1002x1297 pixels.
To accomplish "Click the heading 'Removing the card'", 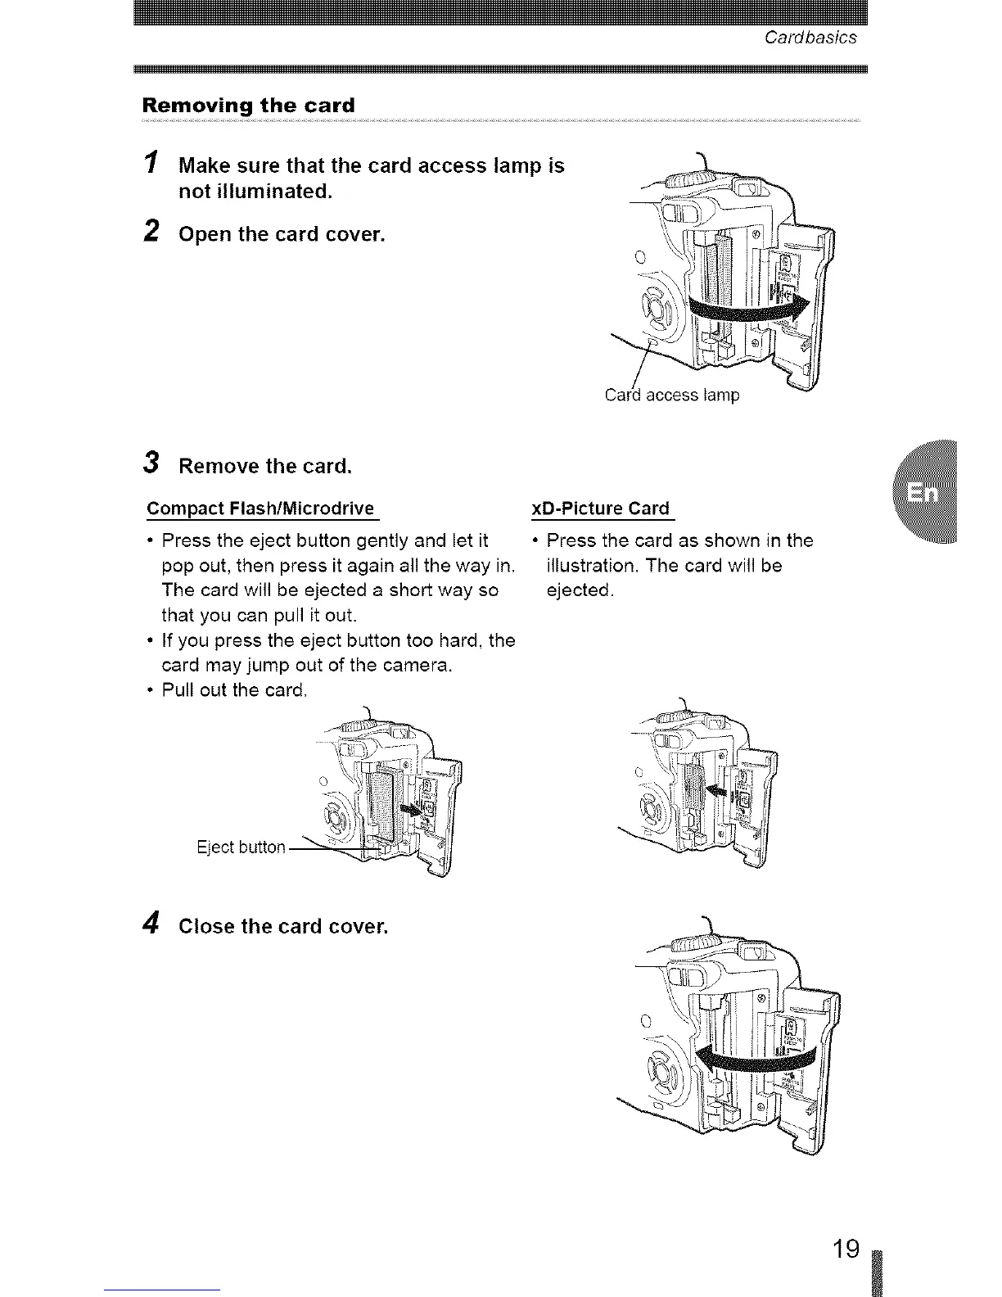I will tap(248, 106).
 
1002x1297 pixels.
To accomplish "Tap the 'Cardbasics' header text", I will tap(810, 38).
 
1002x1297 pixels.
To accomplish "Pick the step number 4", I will tap(150, 924).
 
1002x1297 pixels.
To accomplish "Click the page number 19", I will tap(846, 1250).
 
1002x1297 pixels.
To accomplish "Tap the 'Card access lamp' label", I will tap(671, 395).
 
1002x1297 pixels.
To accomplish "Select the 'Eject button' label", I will tap(241, 847).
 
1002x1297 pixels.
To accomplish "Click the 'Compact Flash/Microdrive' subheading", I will tap(260, 508).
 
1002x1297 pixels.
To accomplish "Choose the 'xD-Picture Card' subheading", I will tap(600, 508).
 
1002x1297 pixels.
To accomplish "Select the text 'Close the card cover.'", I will tap(282, 926).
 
